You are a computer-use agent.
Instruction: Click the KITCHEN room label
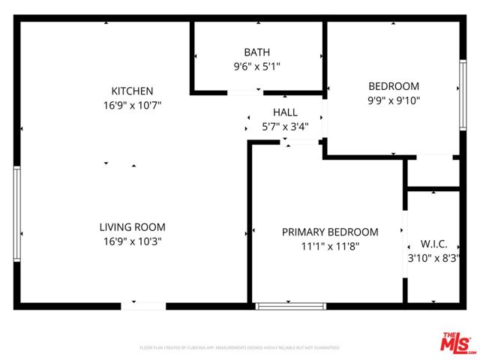click(132, 91)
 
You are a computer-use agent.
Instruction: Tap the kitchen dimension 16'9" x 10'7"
click(132, 105)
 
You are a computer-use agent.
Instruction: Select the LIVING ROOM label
click(132, 227)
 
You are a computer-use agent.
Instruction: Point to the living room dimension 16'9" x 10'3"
click(132, 241)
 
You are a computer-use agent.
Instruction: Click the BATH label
click(257, 52)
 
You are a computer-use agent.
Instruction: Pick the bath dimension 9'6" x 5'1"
click(257, 66)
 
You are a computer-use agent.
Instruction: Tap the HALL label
click(285, 112)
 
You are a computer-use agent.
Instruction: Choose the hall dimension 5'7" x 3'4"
click(285, 127)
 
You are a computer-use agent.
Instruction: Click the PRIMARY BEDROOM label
click(330, 232)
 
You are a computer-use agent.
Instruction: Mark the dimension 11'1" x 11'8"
click(330, 246)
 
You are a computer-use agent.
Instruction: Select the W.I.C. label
click(433, 244)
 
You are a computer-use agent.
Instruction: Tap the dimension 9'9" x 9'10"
click(394, 100)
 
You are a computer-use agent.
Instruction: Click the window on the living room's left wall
click(16, 214)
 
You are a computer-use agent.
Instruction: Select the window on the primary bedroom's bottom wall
click(291, 306)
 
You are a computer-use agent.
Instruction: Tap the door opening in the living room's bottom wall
click(143, 306)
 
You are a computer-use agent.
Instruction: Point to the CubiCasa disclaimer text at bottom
click(240, 348)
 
